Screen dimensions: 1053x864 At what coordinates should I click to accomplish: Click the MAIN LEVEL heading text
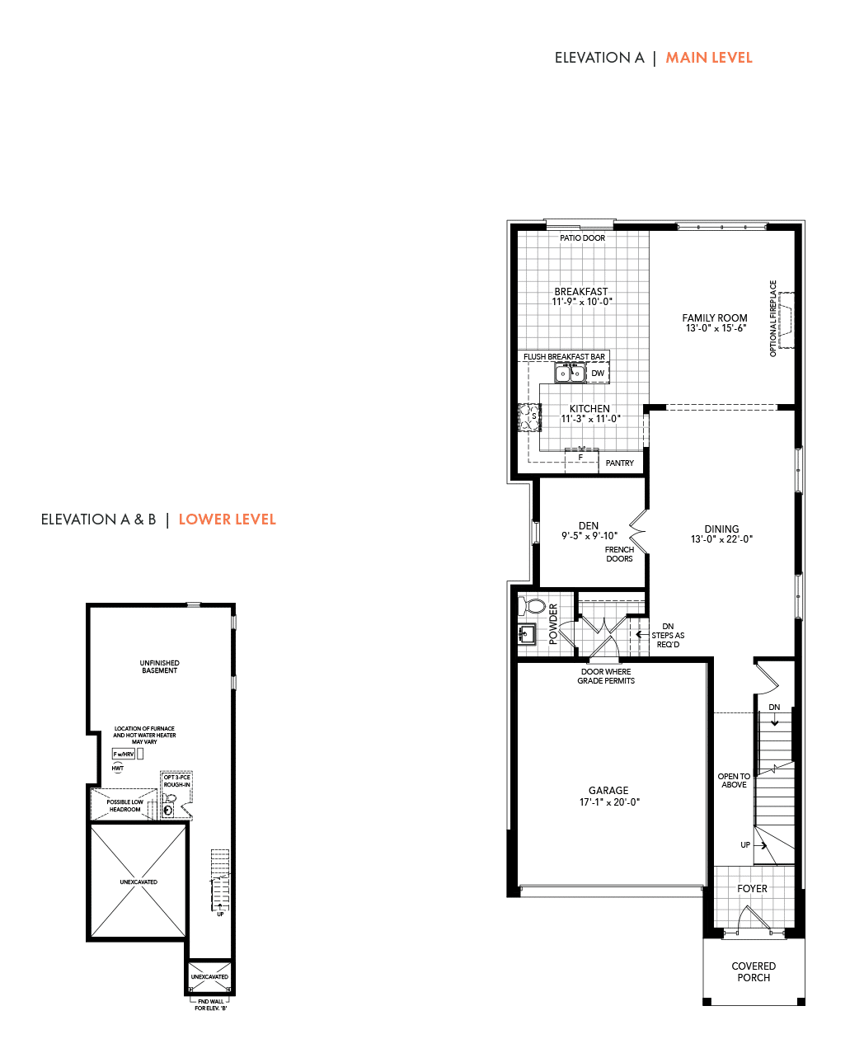click(x=708, y=58)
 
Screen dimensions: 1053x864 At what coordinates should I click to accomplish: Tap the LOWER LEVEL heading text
click(x=227, y=519)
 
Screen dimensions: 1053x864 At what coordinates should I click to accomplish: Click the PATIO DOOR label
click(x=582, y=238)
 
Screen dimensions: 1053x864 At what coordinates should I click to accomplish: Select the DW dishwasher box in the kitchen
click(x=598, y=374)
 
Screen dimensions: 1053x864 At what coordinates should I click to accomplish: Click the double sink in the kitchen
click(x=570, y=374)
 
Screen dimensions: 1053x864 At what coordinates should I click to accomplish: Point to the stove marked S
click(x=528, y=417)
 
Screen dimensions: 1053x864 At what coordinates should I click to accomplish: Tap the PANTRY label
click(x=620, y=463)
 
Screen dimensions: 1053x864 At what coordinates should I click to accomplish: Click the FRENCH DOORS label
click(x=619, y=554)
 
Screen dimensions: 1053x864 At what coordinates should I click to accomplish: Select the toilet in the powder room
click(x=533, y=607)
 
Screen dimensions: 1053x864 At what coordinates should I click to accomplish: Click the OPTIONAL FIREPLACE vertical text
click(x=773, y=318)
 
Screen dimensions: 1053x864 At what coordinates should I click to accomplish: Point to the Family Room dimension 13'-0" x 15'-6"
click(x=715, y=328)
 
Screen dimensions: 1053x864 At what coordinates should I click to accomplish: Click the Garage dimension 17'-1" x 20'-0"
click(x=609, y=802)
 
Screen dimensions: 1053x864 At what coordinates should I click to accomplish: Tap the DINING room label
click(x=721, y=529)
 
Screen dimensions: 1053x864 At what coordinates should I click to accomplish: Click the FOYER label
click(x=752, y=889)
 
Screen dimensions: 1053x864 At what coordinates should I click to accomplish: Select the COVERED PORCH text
click(x=754, y=972)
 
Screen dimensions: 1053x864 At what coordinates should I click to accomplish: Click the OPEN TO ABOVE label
click(x=734, y=781)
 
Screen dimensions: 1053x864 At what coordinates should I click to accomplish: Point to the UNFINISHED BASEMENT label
click(x=159, y=667)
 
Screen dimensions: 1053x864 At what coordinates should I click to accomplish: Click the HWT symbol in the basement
click(x=118, y=769)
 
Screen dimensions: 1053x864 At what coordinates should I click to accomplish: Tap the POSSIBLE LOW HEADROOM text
click(x=124, y=806)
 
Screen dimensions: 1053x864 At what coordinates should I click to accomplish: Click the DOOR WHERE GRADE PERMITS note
click(x=606, y=676)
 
